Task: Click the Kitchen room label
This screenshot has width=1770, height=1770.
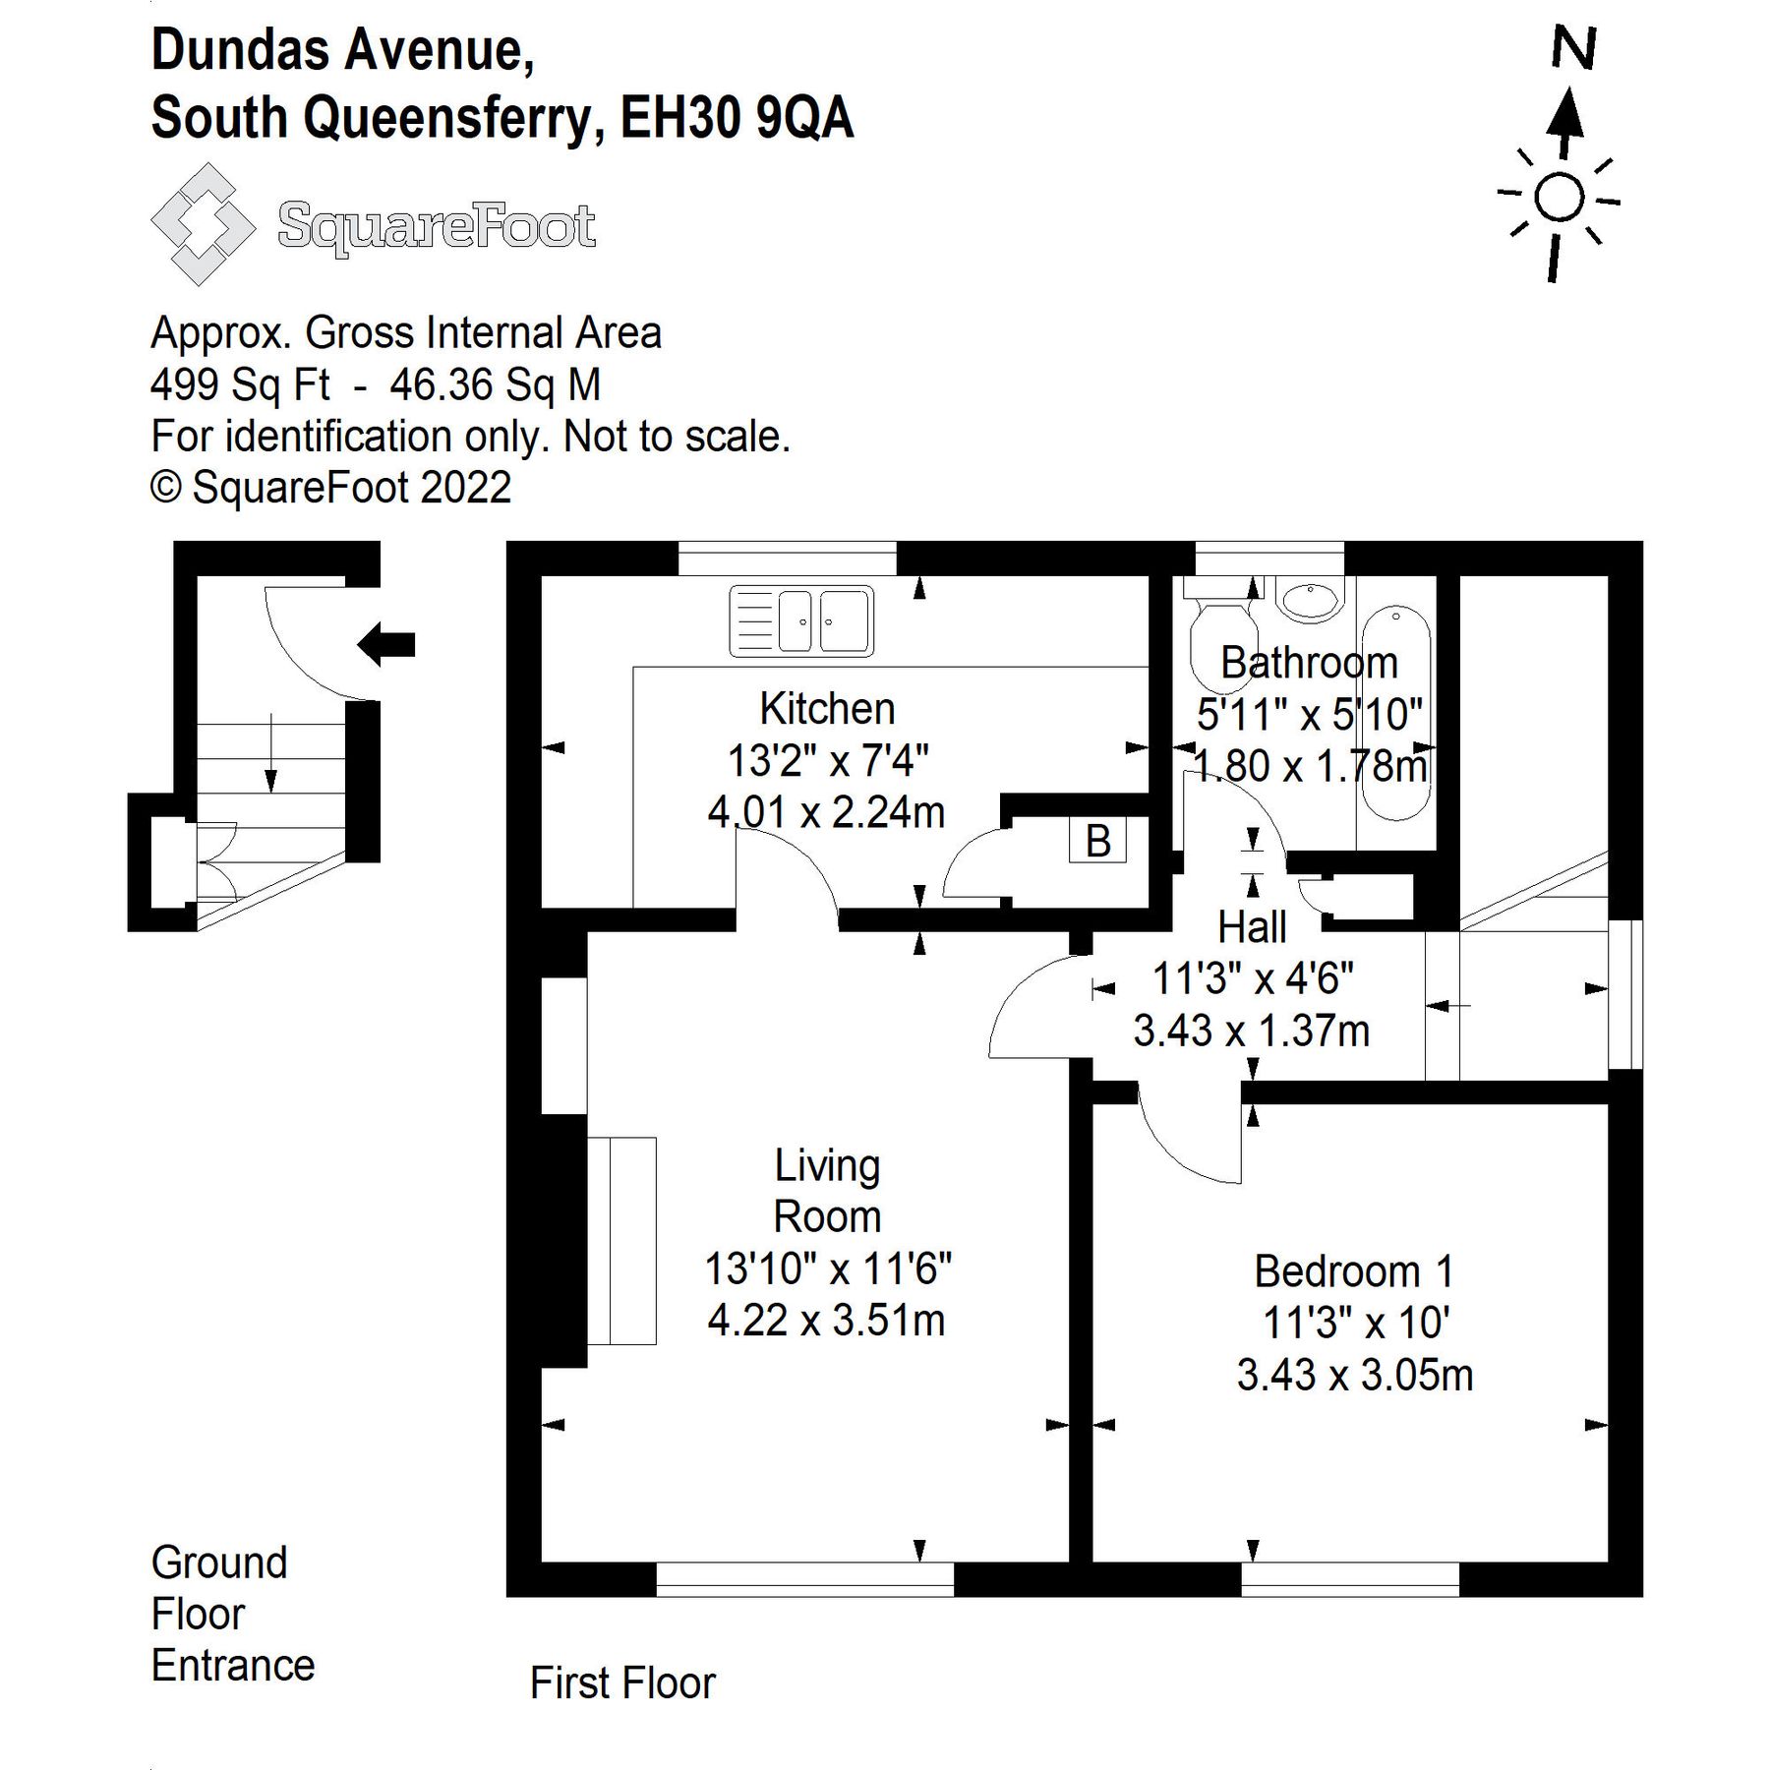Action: coord(827,709)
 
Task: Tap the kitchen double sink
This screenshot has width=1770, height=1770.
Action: coord(801,621)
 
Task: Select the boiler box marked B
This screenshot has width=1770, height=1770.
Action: coord(1097,841)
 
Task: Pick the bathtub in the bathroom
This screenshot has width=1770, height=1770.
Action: coord(1396,713)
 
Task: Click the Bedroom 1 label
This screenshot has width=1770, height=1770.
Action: coord(1353,1272)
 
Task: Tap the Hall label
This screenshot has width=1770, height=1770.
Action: coord(1252,927)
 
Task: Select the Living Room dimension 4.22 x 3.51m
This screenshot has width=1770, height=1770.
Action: coord(826,1320)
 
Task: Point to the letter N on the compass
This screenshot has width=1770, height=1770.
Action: coord(1572,49)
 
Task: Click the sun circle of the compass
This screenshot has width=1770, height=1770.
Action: coord(1559,199)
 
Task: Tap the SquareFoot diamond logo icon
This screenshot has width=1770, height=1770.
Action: coord(203,225)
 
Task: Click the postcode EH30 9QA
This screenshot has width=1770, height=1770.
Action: coord(737,119)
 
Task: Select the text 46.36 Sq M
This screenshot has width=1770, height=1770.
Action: coord(495,384)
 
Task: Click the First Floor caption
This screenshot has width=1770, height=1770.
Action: coord(622,1682)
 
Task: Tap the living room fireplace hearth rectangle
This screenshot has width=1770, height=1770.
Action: coord(621,1240)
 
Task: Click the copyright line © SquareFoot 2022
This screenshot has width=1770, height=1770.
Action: coord(330,488)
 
